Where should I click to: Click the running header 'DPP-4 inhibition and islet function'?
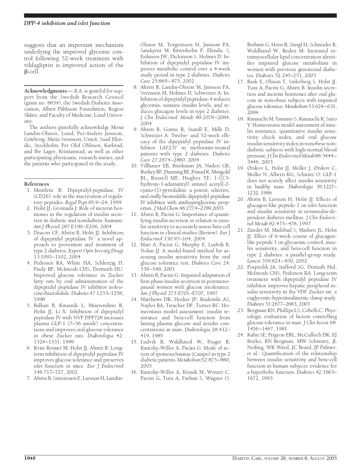point(67,23)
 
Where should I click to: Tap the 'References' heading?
point(37,184)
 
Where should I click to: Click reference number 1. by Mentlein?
point(29,190)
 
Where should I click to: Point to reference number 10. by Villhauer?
point(134,166)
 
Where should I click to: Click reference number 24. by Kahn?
point(240,335)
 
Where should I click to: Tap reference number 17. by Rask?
point(240,81)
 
